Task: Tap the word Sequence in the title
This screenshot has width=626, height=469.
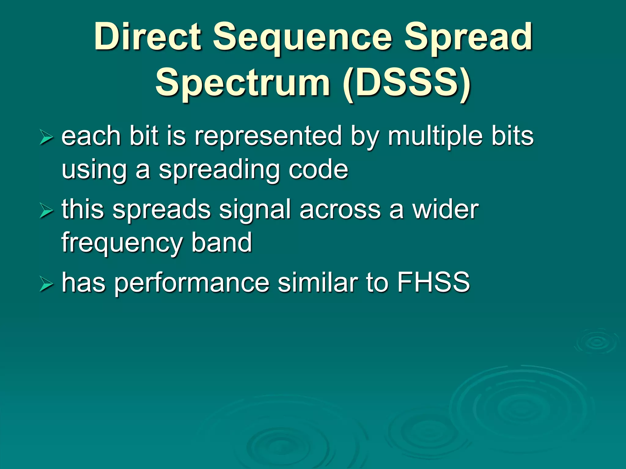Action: point(303,38)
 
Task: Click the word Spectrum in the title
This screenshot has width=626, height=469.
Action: point(243,83)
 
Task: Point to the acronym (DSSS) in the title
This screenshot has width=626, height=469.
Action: point(407,83)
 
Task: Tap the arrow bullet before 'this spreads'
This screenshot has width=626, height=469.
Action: point(46,211)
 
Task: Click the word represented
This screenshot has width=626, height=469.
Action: point(268,136)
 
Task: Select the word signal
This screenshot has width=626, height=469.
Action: point(255,211)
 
